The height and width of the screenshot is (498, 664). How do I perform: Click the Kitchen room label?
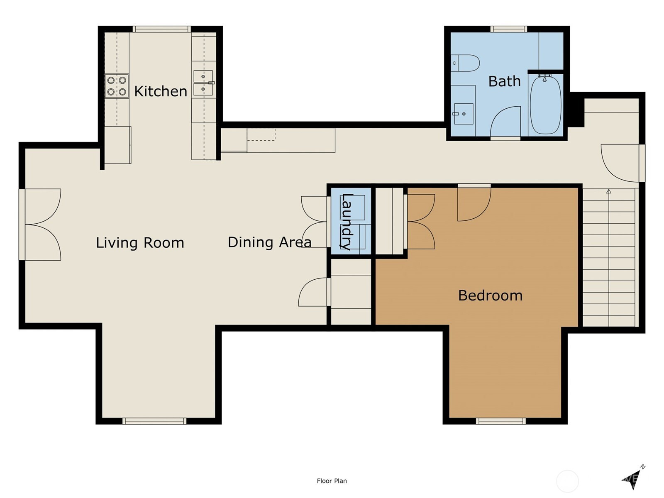coord(161,91)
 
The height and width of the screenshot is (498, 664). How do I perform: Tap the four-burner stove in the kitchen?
coord(117,86)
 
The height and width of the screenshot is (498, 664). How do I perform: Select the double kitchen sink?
coord(203,83)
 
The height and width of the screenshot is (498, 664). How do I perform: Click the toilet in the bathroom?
coord(466,63)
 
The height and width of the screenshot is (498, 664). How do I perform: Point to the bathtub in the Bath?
coord(546,105)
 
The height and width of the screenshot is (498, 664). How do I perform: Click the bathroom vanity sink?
coord(463,113)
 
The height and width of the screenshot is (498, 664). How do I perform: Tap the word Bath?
coord(504,81)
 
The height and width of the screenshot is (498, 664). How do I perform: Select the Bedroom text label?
coord(490,295)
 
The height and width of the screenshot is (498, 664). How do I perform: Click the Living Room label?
coord(140,243)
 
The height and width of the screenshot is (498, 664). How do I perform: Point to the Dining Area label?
coord(269,242)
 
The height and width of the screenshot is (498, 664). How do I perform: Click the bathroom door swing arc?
coord(505,121)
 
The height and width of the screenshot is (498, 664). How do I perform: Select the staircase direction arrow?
coord(609,191)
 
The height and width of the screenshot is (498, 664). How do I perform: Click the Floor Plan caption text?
coord(332,481)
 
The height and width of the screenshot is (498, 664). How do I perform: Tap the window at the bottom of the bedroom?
coord(501,421)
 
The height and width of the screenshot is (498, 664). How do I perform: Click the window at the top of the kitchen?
coord(162,29)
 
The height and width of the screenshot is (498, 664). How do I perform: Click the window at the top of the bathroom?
coord(508,29)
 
